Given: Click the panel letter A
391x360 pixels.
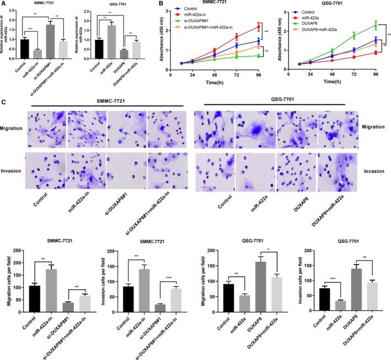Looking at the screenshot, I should point(4,4).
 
